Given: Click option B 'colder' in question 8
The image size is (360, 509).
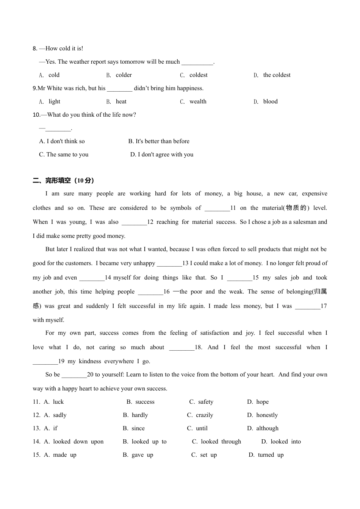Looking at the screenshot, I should tap(124, 75).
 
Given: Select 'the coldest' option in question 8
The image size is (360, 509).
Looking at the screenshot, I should tap(277, 75).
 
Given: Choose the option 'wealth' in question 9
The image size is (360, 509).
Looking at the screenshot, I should tap(198, 101).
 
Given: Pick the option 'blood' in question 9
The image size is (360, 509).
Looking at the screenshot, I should tap(270, 101).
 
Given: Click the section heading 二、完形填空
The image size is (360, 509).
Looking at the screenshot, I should tap(63, 181).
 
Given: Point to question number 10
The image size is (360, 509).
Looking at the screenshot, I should tap(36, 115).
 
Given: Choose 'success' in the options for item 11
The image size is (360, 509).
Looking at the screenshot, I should tap(145, 402).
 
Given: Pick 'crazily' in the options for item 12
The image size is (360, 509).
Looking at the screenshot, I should tap(204, 415).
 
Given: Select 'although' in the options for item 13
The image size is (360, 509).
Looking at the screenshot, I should tap(267, 428).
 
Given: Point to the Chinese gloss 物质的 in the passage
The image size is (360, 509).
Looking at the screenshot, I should tap(296, 208).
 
